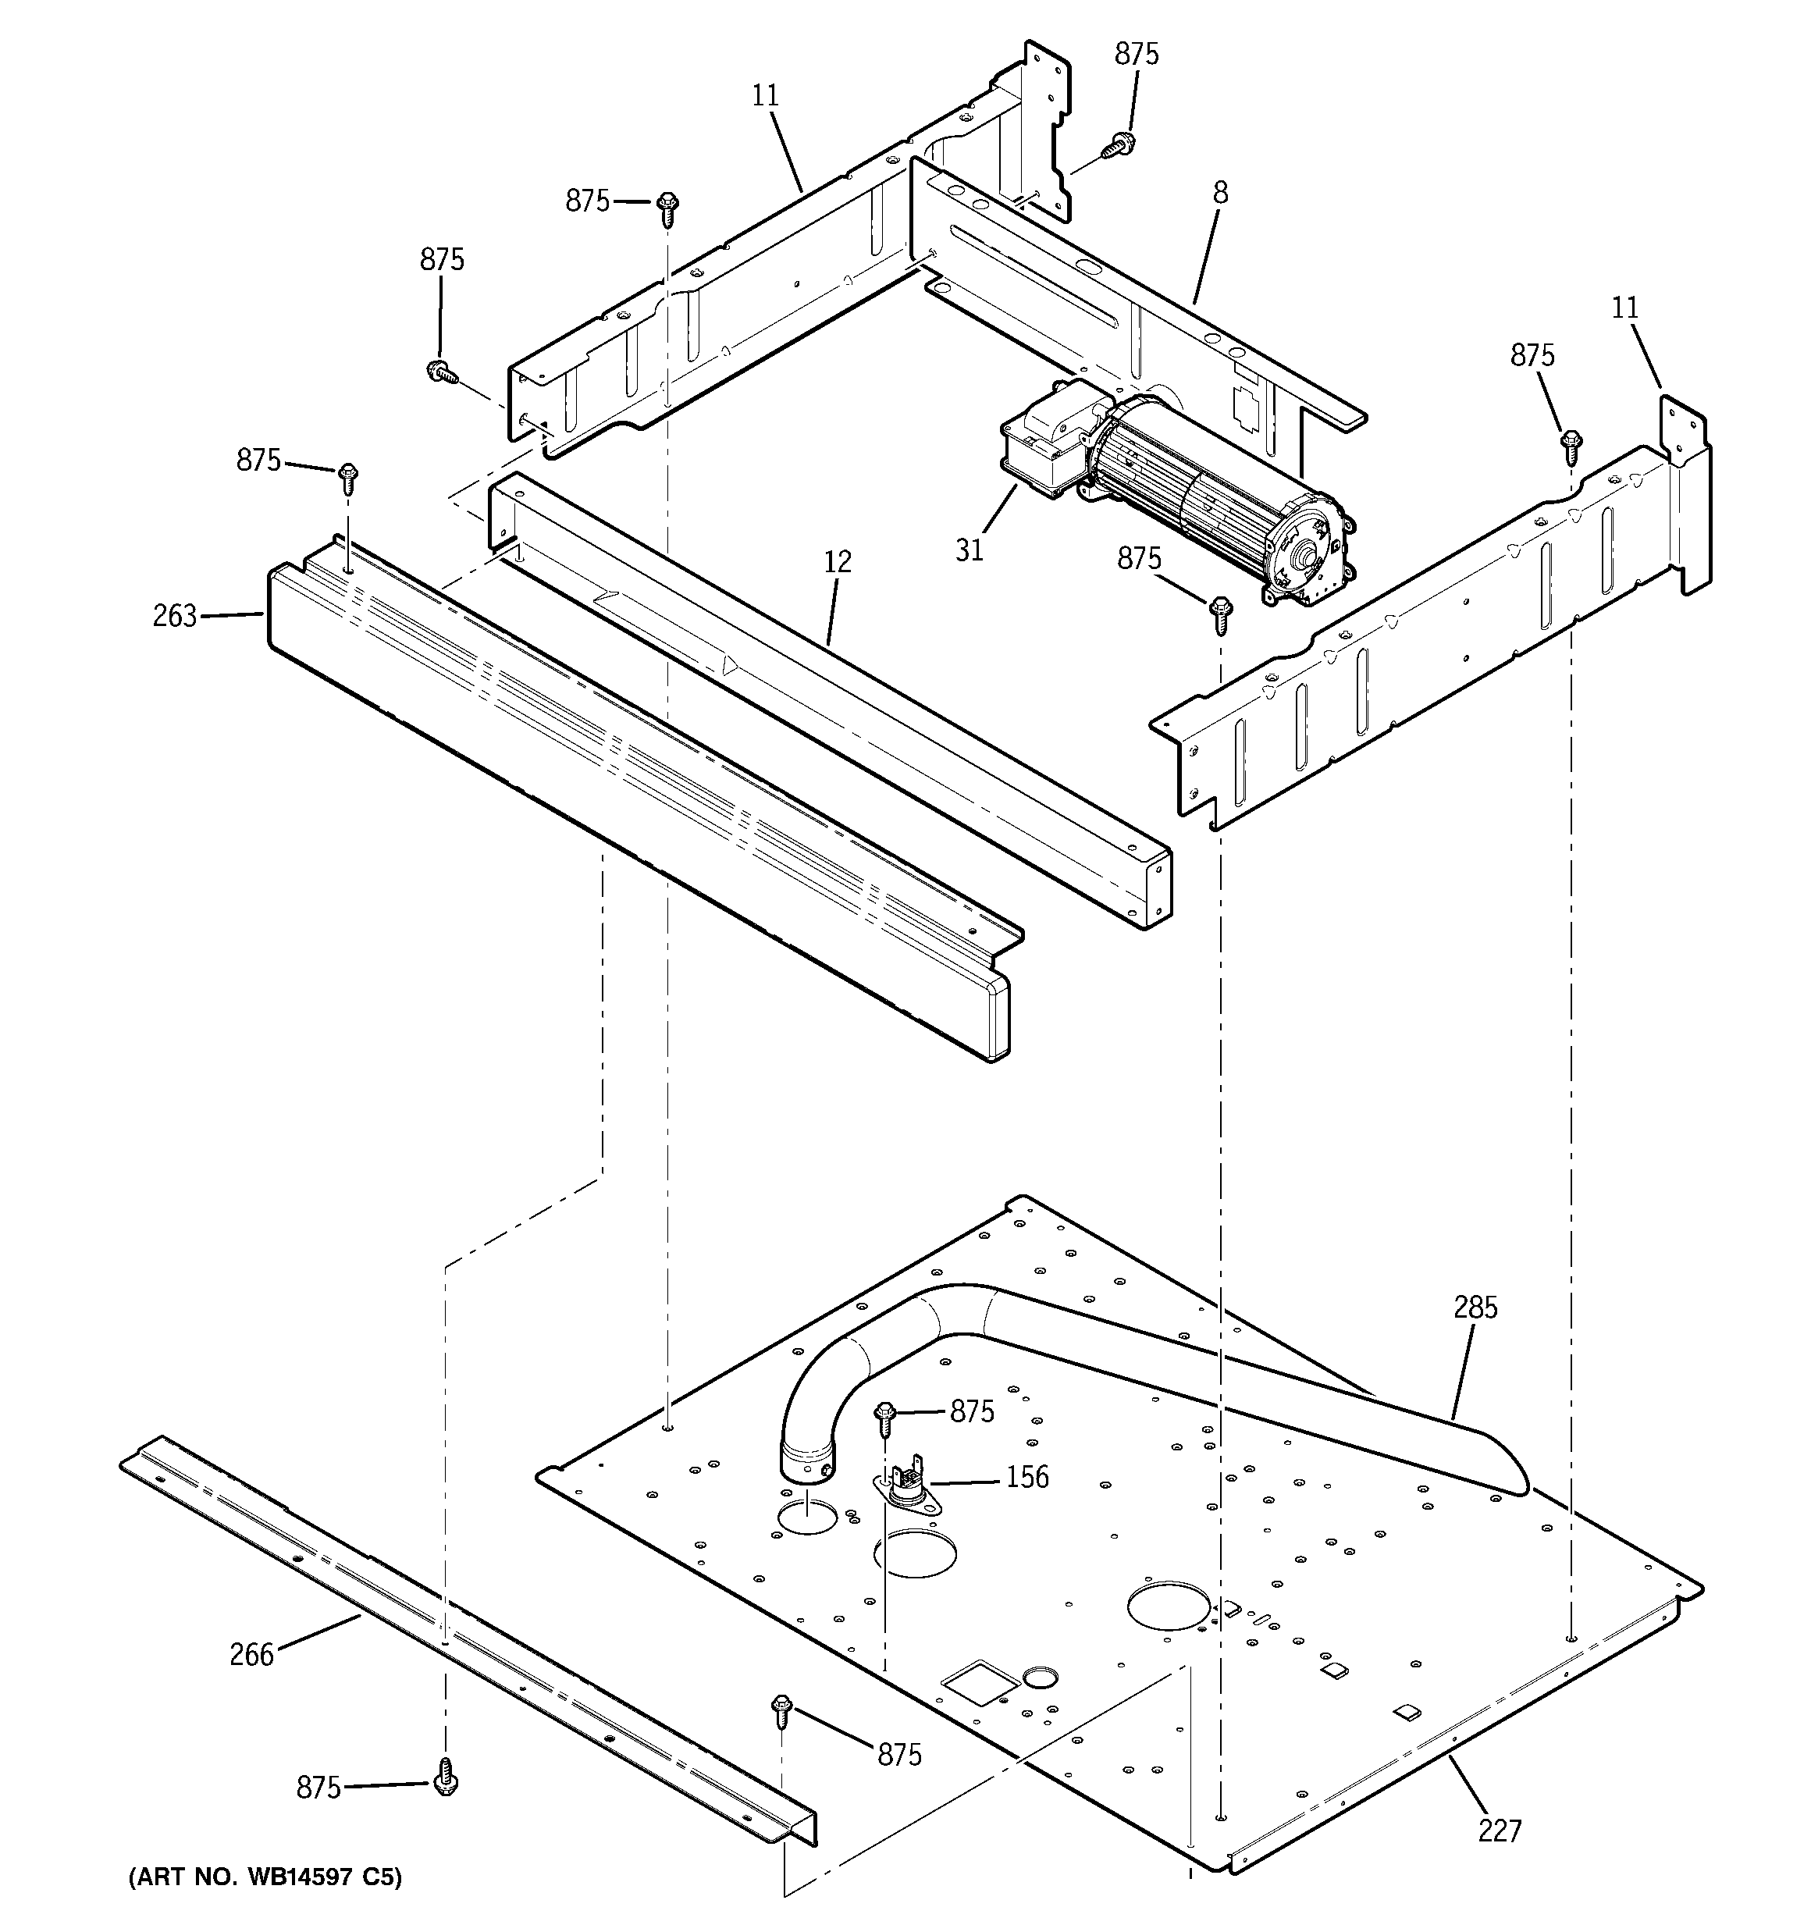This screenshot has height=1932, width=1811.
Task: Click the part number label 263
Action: pos(174,616)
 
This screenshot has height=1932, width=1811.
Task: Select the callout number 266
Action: pos(252,1653)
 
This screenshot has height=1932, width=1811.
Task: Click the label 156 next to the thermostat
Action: pos(1026,1476)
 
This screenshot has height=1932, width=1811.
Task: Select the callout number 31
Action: pos(970,550)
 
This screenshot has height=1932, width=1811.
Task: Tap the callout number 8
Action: pos(1220,194)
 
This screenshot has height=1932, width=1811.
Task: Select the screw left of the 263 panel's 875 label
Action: pos(348,477)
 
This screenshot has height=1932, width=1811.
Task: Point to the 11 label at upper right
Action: pos(1624,308)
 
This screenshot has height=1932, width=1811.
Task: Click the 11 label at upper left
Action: pos(765,95)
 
